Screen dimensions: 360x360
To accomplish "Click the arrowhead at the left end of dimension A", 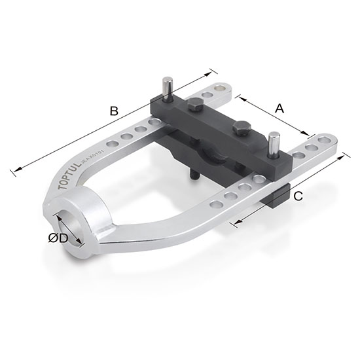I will [x=238, y=98].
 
